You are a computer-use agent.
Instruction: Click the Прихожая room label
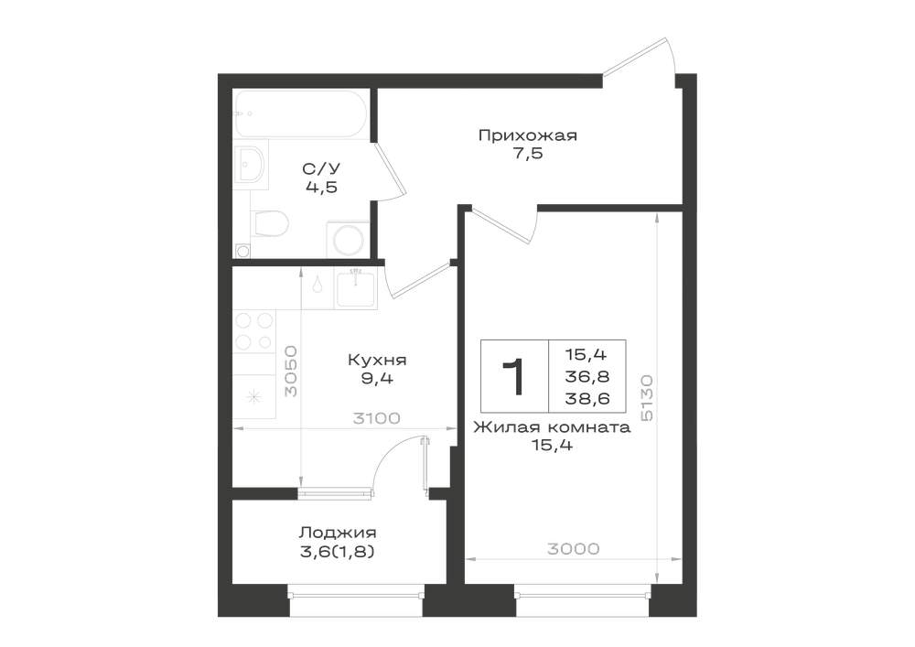(x=528, y=136)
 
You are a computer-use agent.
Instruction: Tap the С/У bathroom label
(x=321, y=168)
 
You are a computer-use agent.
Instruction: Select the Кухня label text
(x=377, y=360)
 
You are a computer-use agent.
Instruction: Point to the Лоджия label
(x=338, y=533)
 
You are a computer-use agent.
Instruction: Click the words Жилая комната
(x=552, y=427)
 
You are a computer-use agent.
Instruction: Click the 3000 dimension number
(x=574, y=549)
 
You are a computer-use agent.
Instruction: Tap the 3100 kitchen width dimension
(x=376, y=418)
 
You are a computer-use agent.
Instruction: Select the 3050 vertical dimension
(x=290, y=372)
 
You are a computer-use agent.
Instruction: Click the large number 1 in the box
(x=514, y=377)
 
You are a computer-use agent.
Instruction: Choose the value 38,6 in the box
(x=587, y=398)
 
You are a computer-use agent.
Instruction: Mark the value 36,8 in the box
(x=587, y=376)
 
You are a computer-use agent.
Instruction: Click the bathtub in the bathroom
(x=300, y=113)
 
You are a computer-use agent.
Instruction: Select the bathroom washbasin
(x=252, y=164)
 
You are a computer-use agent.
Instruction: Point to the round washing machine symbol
(x=346, y=239)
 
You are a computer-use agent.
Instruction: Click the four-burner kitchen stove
(x=253, y=330)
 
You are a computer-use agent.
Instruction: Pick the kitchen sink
(x=356, y=288)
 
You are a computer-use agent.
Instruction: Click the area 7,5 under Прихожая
(x=528, y=154)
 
